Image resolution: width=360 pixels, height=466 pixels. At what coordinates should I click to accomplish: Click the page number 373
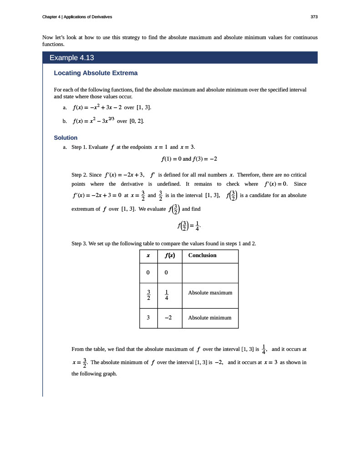[x=314, y=17]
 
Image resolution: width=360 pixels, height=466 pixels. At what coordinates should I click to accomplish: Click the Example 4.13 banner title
[x=71, y=58]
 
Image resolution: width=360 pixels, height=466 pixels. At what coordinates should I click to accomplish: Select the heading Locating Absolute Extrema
[x=96, y=73]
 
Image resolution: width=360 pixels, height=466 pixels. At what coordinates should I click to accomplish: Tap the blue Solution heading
[x=66, y=137]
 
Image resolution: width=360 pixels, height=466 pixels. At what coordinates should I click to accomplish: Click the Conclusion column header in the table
[x=202, y=255]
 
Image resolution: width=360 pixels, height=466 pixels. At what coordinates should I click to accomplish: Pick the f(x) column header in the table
[x=169, y=256]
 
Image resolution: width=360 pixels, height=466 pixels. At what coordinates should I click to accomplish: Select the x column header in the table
[x=148, y=256]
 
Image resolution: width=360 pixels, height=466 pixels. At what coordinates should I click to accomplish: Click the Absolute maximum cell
[x=210, y=292]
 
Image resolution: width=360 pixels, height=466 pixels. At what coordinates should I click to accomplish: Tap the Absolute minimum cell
[x=209, y=318]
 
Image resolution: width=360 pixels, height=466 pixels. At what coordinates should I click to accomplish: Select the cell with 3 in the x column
[x=148, y=318]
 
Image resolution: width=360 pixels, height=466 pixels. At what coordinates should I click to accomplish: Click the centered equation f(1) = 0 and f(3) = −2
[x=189, y=159]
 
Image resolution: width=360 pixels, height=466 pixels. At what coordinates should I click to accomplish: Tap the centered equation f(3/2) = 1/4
[x=189, y=226]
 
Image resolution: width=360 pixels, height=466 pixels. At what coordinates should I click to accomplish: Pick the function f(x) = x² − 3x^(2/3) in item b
[x=93, y=121]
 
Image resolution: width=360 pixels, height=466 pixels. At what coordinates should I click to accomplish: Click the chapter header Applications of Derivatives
[x=88, y=17]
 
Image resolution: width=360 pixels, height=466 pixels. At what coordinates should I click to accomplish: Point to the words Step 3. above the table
[x=80, y=243]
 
